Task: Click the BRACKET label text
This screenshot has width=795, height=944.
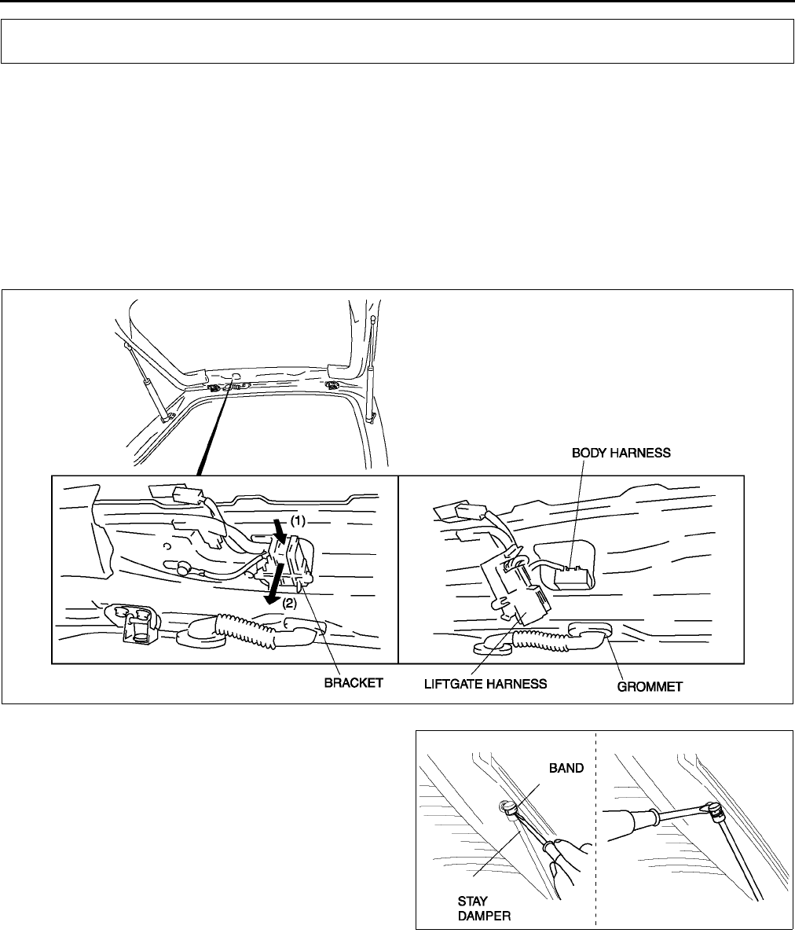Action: point(354,685)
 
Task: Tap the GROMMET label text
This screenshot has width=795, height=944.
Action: point(649,685)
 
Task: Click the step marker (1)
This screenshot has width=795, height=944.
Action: point(299,520)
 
